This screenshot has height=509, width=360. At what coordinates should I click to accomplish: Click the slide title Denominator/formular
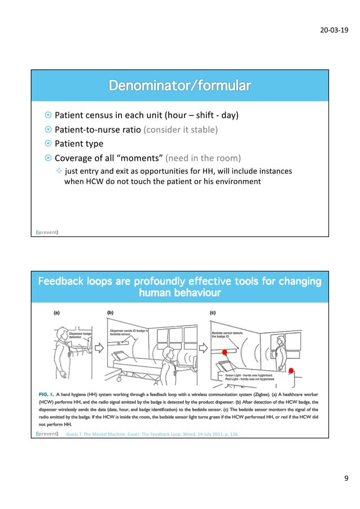coord(179,86)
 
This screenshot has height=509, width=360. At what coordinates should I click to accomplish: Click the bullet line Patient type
coord(78,143)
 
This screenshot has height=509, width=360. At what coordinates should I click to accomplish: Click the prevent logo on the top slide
coord(48,231)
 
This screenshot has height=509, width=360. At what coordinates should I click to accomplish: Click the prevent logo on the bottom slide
coord(48,433)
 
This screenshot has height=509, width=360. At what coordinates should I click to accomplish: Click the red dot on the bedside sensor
coord(225,353)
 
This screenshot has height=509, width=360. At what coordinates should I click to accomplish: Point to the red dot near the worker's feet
coord(291,370)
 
